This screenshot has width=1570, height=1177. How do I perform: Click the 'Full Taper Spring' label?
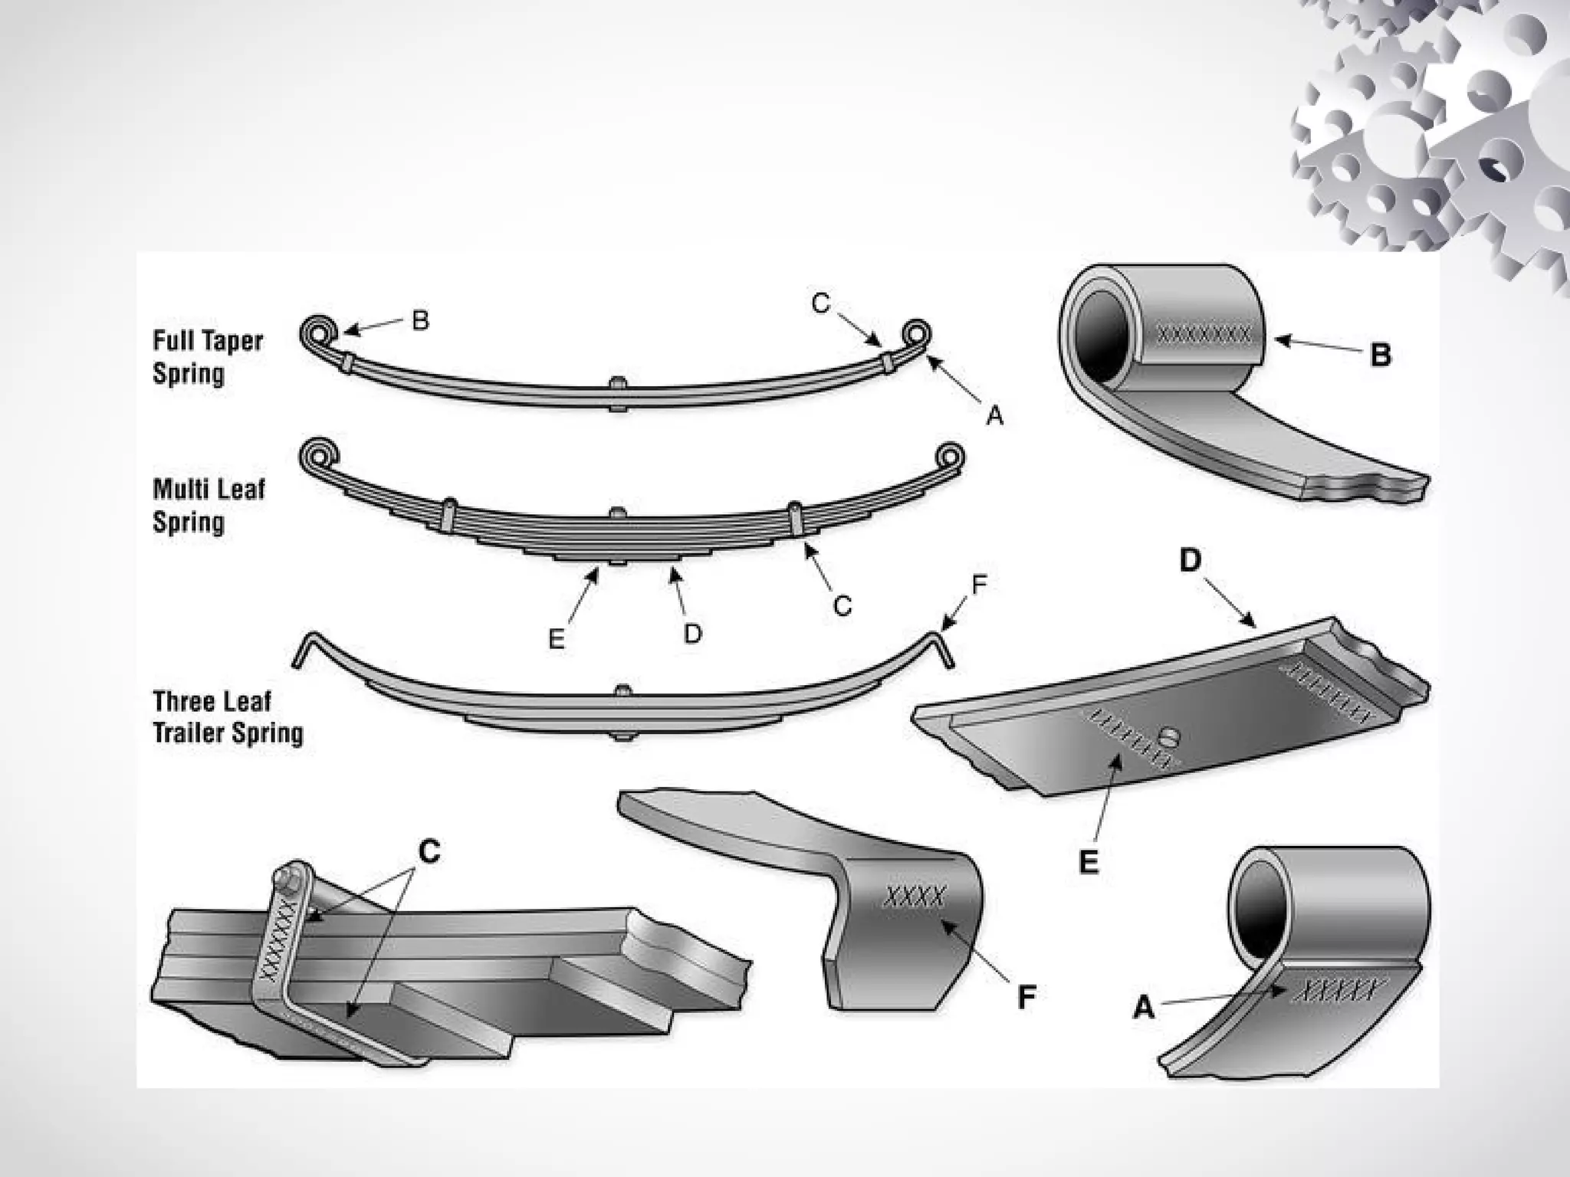(x=208, y=357)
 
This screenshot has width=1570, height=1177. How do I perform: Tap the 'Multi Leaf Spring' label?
(x=209, y=505)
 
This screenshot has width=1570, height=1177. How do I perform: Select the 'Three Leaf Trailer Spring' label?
(x=228, y=717)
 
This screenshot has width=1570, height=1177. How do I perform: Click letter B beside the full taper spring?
(x=420, y=320)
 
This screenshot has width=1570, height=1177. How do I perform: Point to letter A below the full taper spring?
(x=994, y=415)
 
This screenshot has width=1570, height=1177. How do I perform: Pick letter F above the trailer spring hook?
(x=979, y=585)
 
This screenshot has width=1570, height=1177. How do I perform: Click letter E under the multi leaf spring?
(x=557, y=639)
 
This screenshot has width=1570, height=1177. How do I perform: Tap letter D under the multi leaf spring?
(x=692, y=633)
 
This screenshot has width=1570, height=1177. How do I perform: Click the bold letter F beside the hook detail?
(x=1026, y=997)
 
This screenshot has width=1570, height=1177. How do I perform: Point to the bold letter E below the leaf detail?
(x=1089, y=862)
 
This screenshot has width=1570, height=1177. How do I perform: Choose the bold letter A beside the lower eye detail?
(x=1143, y=1008)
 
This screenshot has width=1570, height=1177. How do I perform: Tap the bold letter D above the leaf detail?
(x=1190, y=562)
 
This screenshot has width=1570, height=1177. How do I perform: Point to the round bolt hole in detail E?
(x=1170, y=738)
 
